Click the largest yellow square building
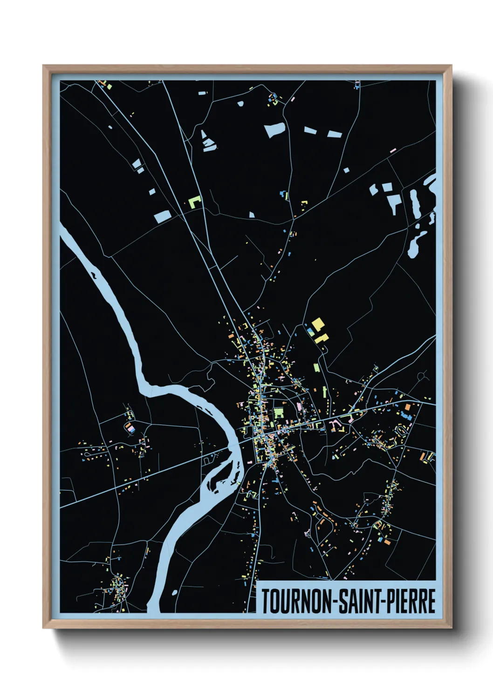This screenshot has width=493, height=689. pos(318,324)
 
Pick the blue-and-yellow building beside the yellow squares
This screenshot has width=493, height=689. pos(310,331)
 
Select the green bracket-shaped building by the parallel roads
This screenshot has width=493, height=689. pos(194,203)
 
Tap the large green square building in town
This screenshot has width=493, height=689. pos(278,412)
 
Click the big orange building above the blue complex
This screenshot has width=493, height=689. pos(407,407)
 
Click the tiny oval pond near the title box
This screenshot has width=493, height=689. pos(174,593)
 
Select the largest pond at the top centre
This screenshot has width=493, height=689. pos(274,130)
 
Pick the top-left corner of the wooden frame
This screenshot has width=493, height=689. pos(44,67)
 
